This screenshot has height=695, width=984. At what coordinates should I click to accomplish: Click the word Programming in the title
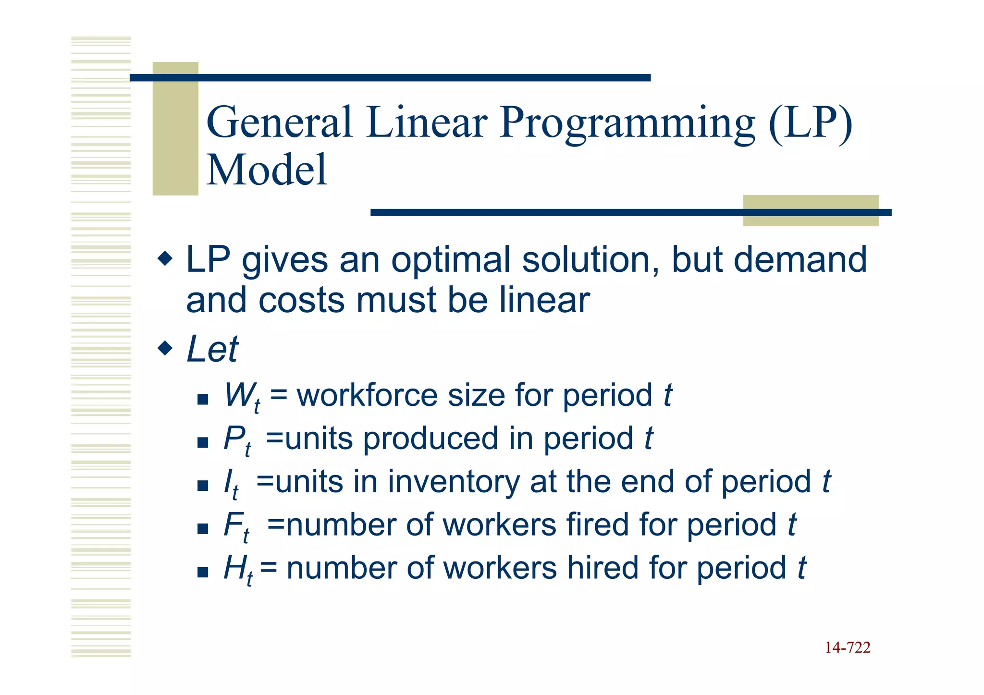click(x=627, y=123)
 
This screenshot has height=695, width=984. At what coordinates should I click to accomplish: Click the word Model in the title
click(x=267, y=170)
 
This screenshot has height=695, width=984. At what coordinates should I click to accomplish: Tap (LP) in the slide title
click(x=810, y=123)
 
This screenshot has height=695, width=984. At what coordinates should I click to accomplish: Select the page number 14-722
click(x=848, y=648)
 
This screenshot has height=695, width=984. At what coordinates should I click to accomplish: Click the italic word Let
click(x=212, y=349)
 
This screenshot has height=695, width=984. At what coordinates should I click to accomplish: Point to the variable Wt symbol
click(x=242, y=397)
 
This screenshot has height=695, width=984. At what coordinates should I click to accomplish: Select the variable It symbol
click(x=231, y=483)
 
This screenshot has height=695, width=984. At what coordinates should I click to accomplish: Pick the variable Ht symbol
click(x=238, y=570)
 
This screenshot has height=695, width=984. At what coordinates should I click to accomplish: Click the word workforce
click(x=367, y=396)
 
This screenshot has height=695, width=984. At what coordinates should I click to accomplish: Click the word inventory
click(x=454, y=482)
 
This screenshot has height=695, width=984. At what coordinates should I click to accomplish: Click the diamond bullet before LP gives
click(x=165, y=259)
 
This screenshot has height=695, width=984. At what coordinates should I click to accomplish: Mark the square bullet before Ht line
click(x=203, y=572)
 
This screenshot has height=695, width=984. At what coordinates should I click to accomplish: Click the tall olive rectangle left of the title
click(x=175, y=129)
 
